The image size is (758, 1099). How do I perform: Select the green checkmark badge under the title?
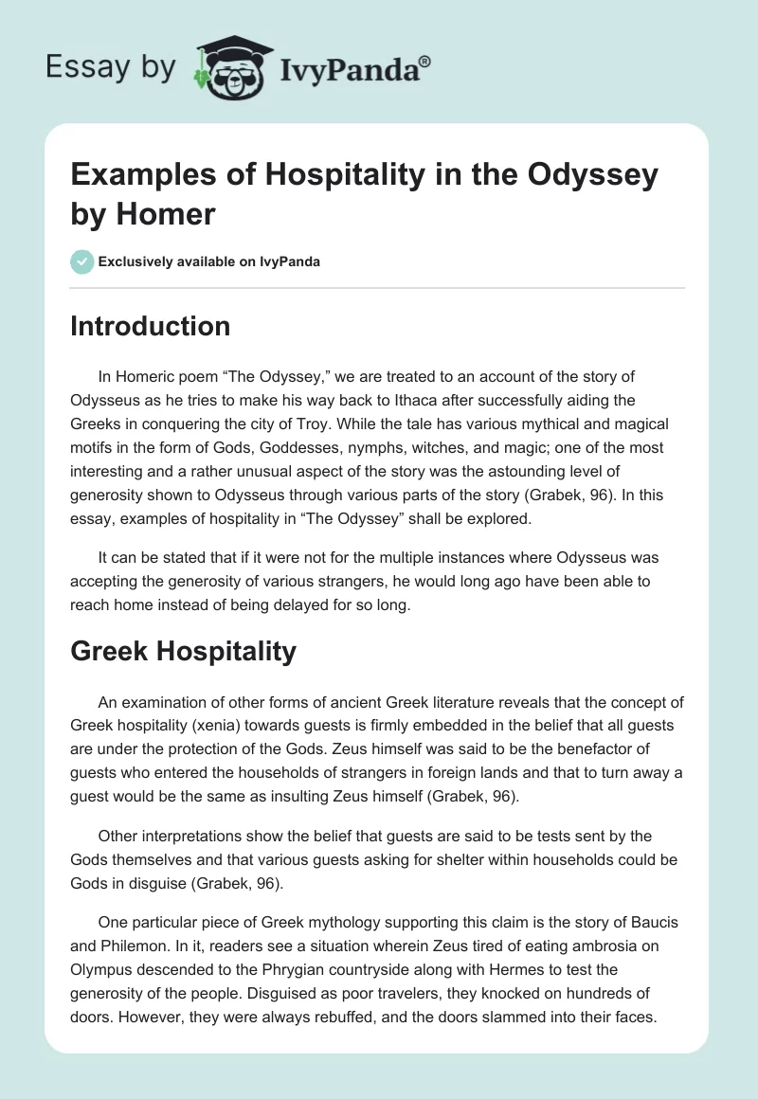tap(81, 261)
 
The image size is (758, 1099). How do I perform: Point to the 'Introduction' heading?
tap(151, 326)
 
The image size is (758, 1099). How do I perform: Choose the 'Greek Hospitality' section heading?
tap(184, 651)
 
